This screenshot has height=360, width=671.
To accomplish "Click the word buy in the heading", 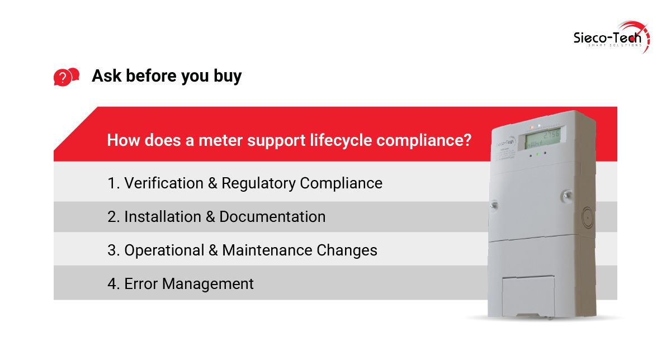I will (227, 76).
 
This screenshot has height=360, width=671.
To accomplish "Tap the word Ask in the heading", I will (107, 75).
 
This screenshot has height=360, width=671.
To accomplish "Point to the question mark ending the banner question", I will (466, 140).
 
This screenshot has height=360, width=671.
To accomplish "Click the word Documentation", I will (272, 216).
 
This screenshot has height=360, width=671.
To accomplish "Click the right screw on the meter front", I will (566, 195).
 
